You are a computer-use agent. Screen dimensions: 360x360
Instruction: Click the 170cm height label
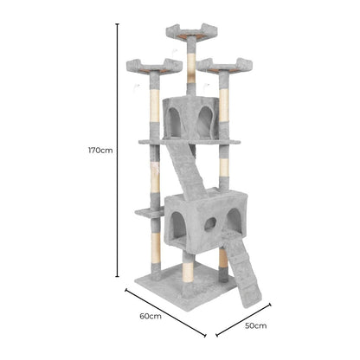[x=100, y=151]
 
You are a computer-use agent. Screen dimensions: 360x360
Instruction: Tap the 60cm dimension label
[x=151, y=316]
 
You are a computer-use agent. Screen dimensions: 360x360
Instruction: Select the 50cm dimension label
[x=256, y=325]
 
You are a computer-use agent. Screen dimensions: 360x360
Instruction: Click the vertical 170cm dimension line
[x=117, y=150]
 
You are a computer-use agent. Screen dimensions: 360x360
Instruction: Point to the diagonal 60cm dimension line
[x=165, y=312]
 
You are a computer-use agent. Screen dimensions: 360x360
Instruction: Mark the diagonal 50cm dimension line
[x=244, y=319]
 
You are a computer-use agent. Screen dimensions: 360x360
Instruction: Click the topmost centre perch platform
[x=191, y=32]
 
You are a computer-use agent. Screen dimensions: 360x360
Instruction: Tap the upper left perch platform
[x=154, y=67]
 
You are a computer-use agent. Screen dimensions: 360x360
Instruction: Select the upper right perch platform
[x=225, y=66]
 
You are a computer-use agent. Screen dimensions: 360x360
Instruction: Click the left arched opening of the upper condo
[x=175, y=122]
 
